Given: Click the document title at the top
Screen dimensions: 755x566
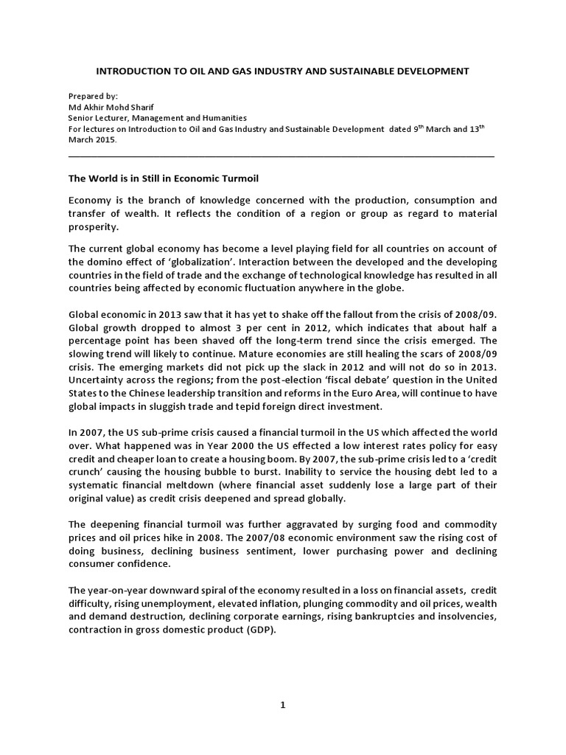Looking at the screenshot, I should [283, 72].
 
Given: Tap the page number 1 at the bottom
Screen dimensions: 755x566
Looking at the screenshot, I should [282, 705].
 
